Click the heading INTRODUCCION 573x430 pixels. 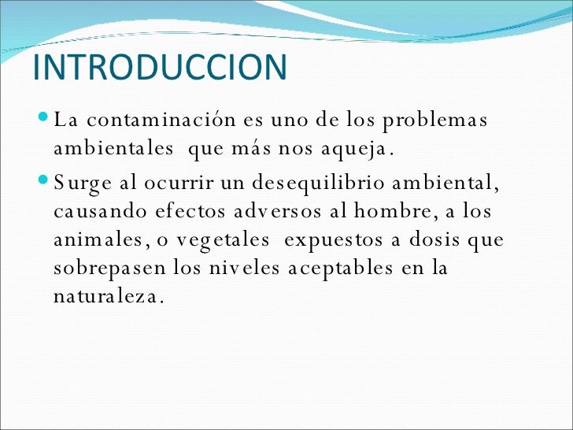point(161,68)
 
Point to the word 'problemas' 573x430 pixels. point(435,121)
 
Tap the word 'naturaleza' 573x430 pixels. point(107,298)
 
